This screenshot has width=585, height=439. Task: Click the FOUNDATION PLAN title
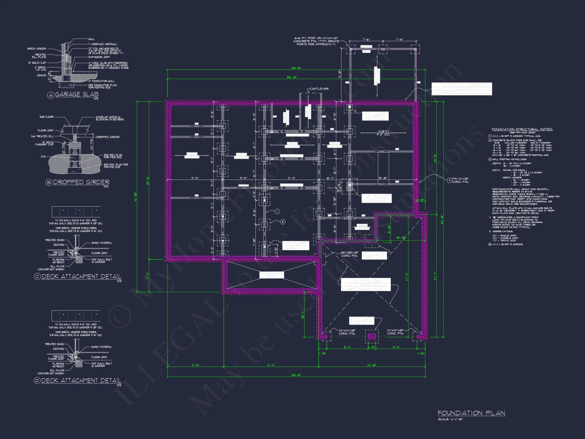471,413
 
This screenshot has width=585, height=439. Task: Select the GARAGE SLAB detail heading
77,94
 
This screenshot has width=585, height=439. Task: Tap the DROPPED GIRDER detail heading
81,182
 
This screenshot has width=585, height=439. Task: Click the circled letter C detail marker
37,277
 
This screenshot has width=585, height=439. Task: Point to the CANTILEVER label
319,89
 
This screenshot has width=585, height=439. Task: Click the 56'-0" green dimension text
292,77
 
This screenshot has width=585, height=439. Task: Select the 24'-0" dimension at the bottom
372,365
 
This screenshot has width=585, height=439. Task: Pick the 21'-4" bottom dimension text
271,365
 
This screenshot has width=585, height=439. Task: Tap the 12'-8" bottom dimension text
195,365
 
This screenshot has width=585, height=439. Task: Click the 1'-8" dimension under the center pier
371,347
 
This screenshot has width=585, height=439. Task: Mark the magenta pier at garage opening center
371,336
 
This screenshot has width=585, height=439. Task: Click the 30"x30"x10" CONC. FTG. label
349,254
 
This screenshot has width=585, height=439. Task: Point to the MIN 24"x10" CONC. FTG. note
460,180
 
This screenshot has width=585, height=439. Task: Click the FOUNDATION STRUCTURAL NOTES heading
522,129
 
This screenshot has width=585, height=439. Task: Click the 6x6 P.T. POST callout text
316,41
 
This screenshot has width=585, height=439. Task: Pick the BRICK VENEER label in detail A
37,49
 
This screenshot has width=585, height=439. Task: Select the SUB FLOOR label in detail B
47,117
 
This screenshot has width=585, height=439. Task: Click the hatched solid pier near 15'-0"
350,186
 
